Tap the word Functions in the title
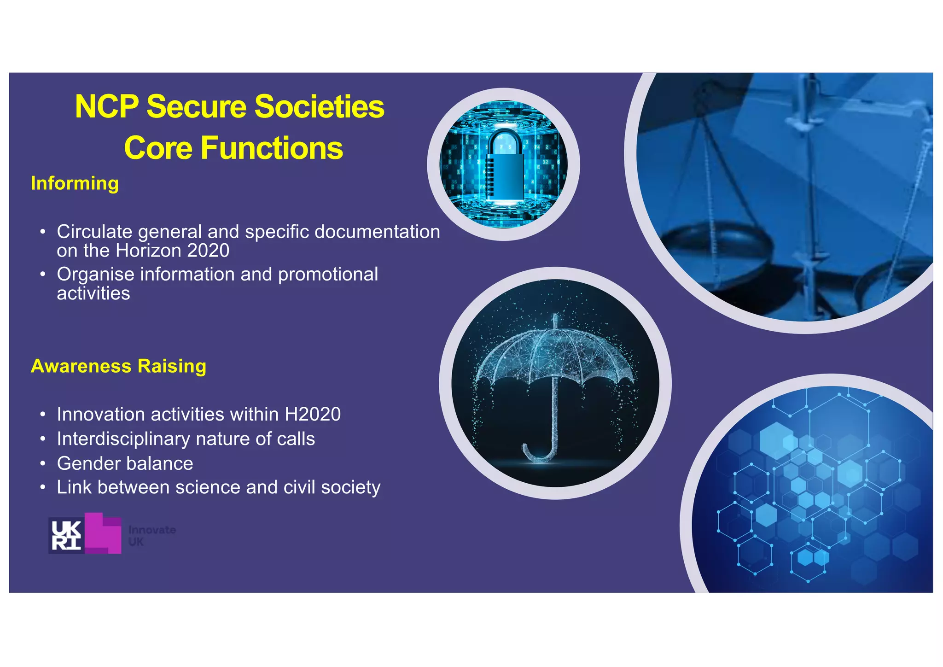pos(272,148)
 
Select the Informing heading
pos(75,183)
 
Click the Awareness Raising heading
pos(118,366)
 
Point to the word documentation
pos(377,232)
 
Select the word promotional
pos(328,275)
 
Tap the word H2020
pos(313,414)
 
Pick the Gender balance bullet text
pos(125,463)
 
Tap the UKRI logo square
pos(65,535)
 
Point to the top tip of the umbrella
pos(555,317)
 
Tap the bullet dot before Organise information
pos(42,275)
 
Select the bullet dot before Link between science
pos(42,487)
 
